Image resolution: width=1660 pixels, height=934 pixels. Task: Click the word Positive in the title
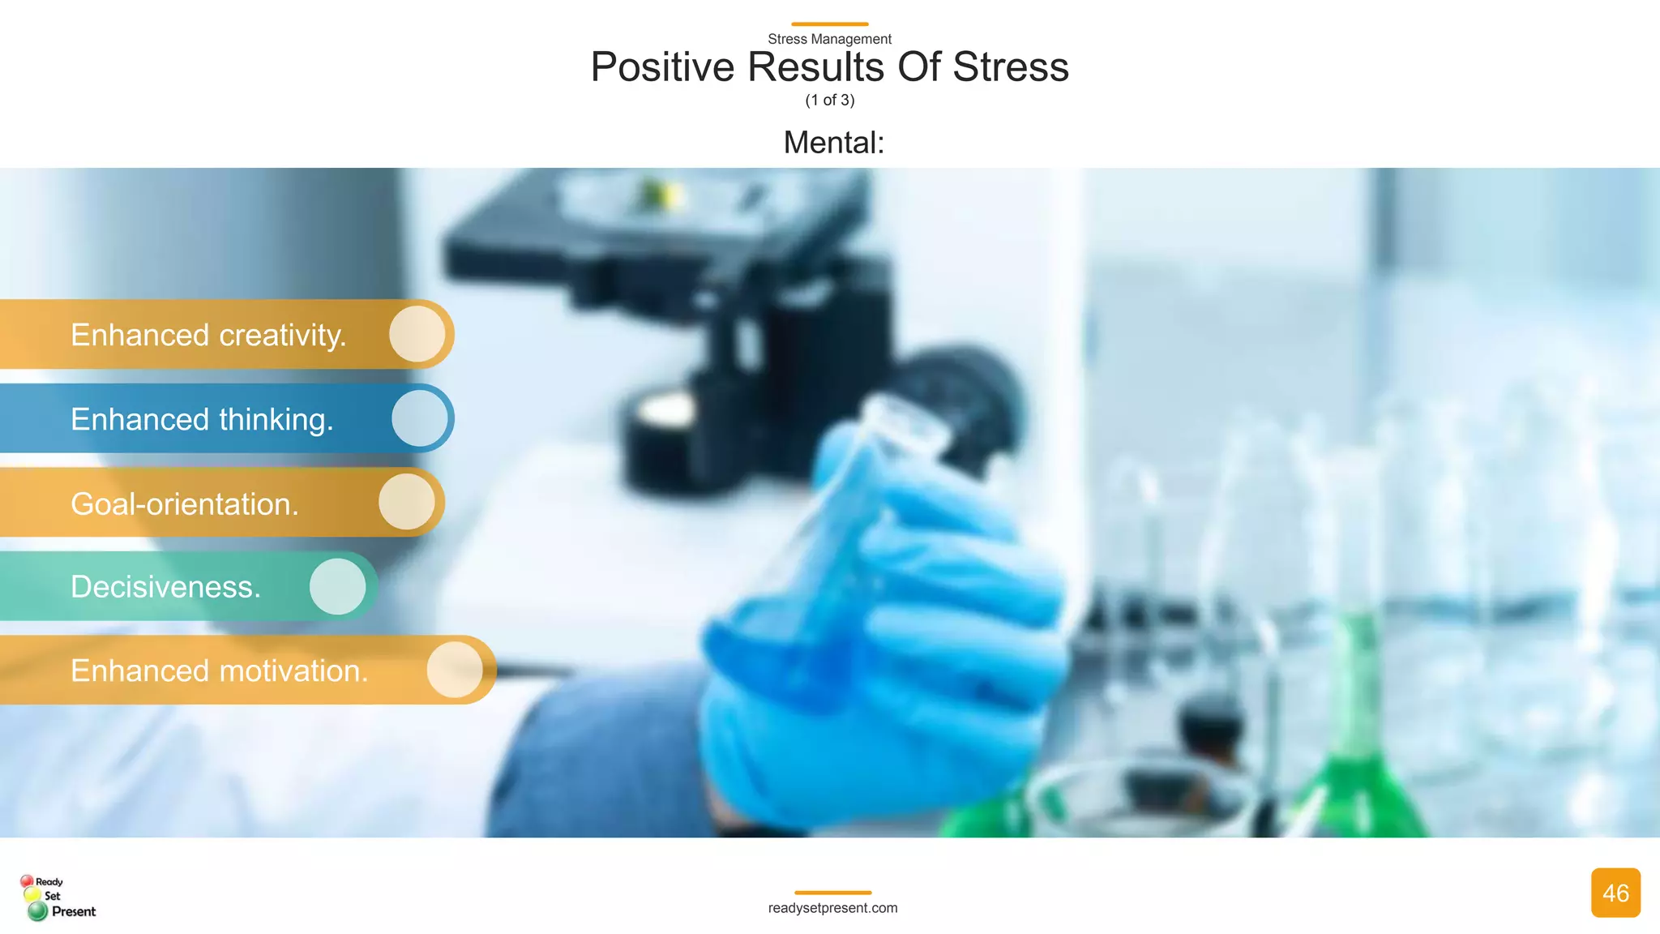point(662,67)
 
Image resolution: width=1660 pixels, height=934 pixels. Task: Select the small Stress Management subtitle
point(829,39)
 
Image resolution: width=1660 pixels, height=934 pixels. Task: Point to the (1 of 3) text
point(829,101)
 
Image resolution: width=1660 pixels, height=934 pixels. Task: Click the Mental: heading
point(833,143)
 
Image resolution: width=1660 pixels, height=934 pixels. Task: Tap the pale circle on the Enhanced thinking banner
point(420,418)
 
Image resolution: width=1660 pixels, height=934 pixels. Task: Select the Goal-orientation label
point(185,504)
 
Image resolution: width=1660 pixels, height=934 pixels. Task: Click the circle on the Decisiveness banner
point(338,586)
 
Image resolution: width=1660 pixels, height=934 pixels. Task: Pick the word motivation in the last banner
point(293,671)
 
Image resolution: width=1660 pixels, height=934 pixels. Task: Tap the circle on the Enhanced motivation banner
point(455,670)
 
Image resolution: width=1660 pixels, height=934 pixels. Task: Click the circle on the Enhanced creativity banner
point(417,333)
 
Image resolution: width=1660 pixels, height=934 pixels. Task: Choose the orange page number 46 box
point(1615,893)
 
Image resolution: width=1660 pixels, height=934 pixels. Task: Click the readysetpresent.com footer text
point(832,908)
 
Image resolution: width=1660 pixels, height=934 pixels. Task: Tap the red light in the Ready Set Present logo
point(27,881)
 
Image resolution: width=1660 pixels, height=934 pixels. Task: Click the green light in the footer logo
point(37,911)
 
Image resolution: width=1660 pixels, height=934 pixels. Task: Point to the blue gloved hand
point(883,632)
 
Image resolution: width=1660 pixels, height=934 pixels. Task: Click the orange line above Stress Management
point(829,24)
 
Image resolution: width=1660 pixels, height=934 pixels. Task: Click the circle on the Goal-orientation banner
point(407,502)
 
